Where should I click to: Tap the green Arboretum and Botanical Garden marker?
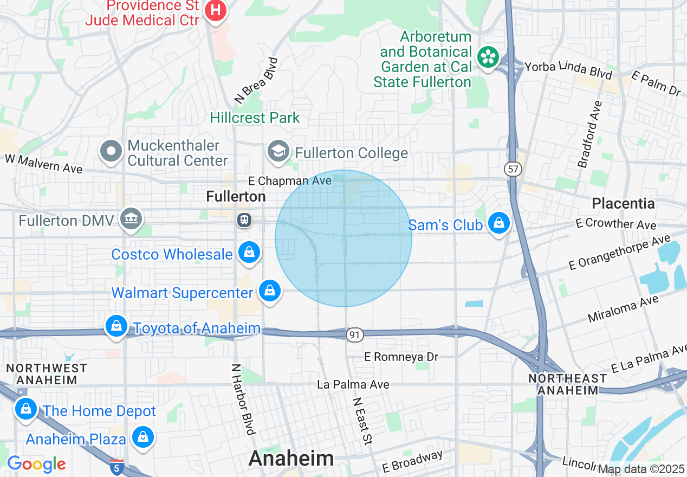[x=488, y=57]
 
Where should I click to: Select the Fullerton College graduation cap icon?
[x=278, y=151]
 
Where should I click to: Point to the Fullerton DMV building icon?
[x=132, y=219]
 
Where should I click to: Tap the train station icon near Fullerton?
[x=244, y=220]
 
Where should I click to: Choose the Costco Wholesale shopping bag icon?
[x=249, y=253]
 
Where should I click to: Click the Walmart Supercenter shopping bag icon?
[x=269, y=292]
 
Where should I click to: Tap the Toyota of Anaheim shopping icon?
[x=116, y=326]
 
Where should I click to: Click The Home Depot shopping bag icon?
[x=25, y=409]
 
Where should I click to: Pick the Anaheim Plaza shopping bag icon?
[x=143, y=437]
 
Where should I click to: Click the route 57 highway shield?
[x=513, y=169]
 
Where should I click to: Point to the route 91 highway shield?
[x=354, y=335]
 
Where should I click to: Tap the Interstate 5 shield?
[x=116, y=467]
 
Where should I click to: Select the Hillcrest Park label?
[x=255, y=118]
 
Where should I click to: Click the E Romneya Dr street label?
[x=401, y=357]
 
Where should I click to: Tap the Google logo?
[x=36, y=464]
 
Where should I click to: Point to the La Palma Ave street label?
[x=353, y=384]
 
